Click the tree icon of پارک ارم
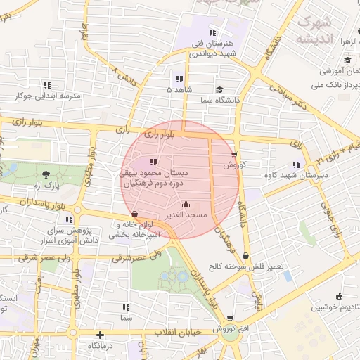[x=46, y=174]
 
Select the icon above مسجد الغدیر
[x=186, y=205]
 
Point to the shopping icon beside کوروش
[x=234, y=155]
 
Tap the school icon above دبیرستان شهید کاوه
[x=295, y=165]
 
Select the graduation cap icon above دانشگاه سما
[x=220, y=89]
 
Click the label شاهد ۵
[x=179, y=90]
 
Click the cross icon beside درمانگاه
[x=101, y=335]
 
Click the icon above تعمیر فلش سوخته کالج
[x=245, y=256]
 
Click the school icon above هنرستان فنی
[x=212, y=32]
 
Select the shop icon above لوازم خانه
[x=134, y=214]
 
